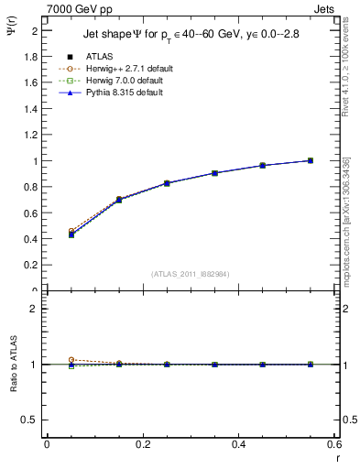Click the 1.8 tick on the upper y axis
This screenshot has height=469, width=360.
(x=34, y=56)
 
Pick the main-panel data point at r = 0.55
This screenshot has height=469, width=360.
(x=311, y=160)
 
